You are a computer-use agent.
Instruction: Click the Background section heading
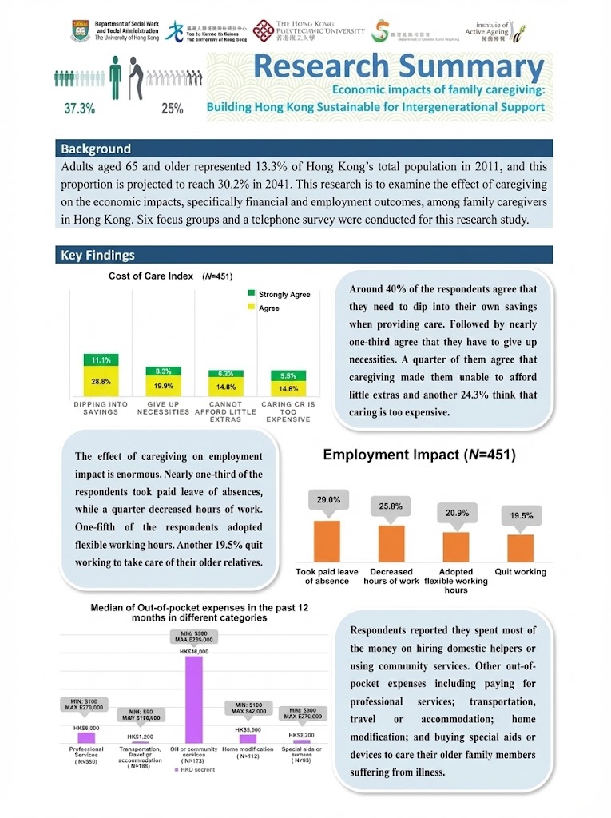(x=96, y=149)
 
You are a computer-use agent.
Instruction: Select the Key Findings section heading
(x=97, y=256)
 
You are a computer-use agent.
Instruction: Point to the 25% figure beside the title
(x=172, y=109)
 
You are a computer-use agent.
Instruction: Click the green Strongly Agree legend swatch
(x=252, y=295)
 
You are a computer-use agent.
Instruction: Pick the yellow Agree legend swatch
(x=252, y=308)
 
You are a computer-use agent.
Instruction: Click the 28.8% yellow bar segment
(x=101, y=382)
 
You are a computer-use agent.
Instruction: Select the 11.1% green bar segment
(x=101, y=359)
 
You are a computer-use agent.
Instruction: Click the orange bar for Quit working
(x=521, y=547)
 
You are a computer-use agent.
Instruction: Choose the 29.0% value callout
(x=328, y=500)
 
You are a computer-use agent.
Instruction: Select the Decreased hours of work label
(x=391, y=576)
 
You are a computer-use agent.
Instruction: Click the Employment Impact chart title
(x=419, y=455)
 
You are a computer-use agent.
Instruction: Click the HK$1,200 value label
(x=141, y=737)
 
